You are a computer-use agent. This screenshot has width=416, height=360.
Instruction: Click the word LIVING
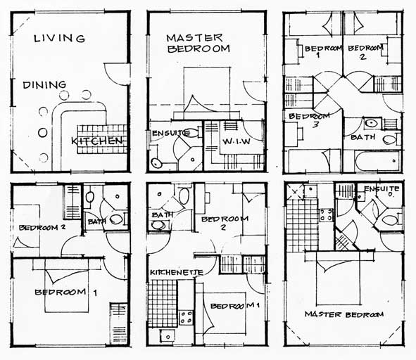point(59,39)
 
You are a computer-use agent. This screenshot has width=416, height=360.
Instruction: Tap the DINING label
point(44,85)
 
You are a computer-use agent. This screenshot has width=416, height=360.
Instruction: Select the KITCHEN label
point(97,141)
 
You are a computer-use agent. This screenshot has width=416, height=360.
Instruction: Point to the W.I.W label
point(237,141)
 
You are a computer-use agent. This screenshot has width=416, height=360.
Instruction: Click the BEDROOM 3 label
point(309,120)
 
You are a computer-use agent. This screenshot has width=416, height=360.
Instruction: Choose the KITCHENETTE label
point(177,272)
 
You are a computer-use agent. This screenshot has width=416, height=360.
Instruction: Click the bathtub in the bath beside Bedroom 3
point(377,161)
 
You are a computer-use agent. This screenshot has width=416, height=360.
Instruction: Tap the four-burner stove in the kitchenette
point(187,317)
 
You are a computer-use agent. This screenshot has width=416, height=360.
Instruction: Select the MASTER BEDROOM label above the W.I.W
point(198,44)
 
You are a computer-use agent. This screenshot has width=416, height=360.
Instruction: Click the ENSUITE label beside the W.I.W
point(171,133)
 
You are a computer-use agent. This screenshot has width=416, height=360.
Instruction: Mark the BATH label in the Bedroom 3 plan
point(363,137)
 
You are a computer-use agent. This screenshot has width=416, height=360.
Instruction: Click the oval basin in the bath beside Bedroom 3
point(372,123)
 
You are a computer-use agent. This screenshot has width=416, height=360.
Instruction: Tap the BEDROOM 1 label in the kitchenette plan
point(235,306)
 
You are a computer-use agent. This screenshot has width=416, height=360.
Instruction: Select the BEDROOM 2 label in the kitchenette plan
point(225,222)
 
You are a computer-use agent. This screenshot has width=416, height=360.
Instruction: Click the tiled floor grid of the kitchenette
point(163,303)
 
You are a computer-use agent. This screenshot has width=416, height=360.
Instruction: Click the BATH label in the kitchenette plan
point(163,215)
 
